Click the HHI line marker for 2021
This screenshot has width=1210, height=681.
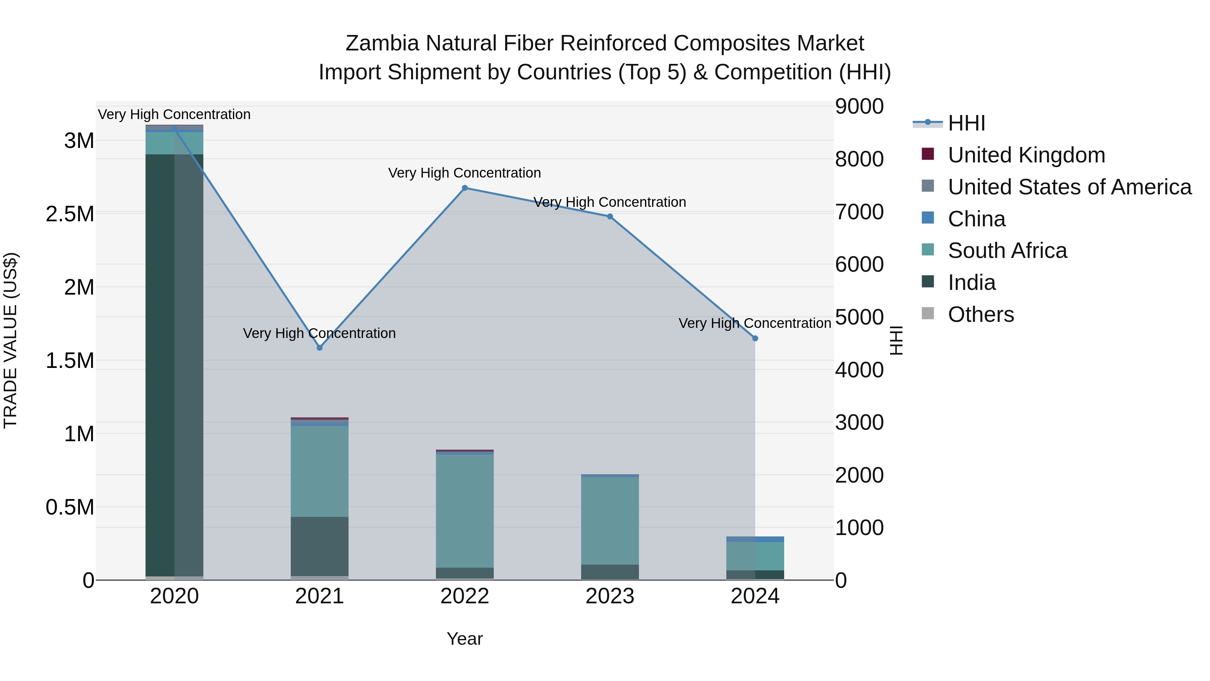click(x=319, y=348)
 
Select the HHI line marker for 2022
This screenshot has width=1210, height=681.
click(x=465, y=188)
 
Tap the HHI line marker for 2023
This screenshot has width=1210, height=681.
click(x=610, y=217)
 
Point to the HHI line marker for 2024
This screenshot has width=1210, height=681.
click(x=755, y=338)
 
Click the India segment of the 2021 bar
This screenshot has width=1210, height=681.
click(x=319, y=546)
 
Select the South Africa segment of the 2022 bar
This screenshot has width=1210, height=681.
click(x=465, y=511)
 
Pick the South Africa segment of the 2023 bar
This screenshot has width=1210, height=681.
click(x=610, y=521)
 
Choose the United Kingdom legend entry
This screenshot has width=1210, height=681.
click(x=1026, y=155)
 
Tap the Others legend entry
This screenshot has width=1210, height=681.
click(x=981, y=314)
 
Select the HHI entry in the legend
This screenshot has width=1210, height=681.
click(x=966, y=123)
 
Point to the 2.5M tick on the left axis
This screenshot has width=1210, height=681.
click(x=70, y=214)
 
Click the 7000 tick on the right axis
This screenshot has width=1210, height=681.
click(x=859, y=212)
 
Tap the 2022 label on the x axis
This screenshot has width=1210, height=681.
click(x=465, y=596)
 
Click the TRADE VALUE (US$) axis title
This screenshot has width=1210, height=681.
click(x=11, y=340)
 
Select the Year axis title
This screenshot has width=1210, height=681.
click(x=465, y=639)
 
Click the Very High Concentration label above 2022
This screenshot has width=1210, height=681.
click(x=465, y=173)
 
